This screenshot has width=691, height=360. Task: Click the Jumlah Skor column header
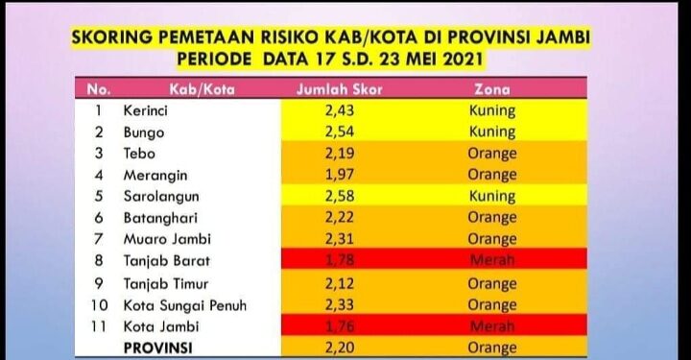coord(329,90)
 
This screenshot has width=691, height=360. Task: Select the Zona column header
coord(491,90)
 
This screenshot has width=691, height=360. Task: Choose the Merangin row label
coord(155,176)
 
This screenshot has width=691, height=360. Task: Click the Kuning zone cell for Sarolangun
coord(491,197)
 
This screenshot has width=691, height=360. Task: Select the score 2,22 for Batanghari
coord(329,219)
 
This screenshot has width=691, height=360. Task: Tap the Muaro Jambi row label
coord(165,240)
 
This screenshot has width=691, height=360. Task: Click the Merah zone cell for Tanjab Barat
coord(491,261)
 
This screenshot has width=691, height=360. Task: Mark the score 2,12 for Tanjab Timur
coord(329,283)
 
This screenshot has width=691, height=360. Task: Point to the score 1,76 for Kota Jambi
coord(329,326)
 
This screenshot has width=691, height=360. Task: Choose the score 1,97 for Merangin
coord(329,176)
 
